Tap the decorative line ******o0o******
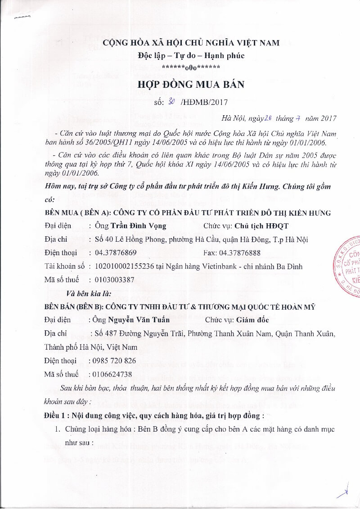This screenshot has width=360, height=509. click(x=191, y=68)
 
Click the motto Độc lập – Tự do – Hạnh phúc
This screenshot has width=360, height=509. click(x=191, y=56)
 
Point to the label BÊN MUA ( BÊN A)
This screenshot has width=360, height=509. click(x=76, y=213)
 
